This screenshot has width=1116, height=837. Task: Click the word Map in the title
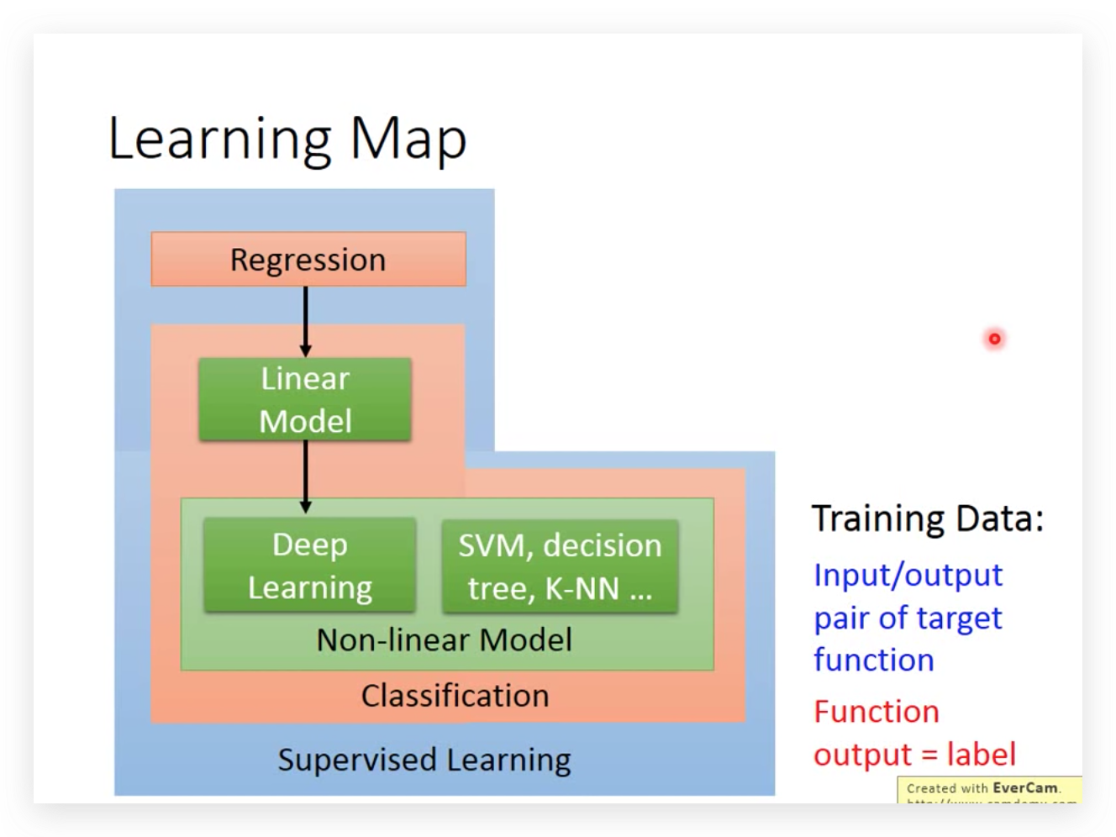(x=408, y=139)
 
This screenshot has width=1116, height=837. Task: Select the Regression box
(x=308, y=260)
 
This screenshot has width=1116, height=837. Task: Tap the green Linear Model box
(x=305, y=400)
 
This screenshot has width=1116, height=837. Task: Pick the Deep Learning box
(x=310, y=566)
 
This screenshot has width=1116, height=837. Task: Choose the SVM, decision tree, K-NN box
(x=560, y=566)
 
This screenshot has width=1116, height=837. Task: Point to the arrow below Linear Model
(x=305, y=476)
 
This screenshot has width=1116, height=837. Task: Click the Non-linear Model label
(x=444, y=640)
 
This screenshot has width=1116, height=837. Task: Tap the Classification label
(x=455, y=696)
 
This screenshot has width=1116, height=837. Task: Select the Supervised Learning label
(x=424, y=760)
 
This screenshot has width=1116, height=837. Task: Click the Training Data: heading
(x=928, y=519)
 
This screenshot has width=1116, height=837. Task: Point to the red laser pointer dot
(x=994, y=339)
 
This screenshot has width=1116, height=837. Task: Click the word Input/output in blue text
(x=908, y=575)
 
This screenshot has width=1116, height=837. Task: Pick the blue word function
(x=874, y=660)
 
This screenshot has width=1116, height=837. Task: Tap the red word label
(x=982, y=754)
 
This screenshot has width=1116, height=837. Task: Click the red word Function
(x=876, y=712)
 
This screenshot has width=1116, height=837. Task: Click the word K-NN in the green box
(x=582, y=588)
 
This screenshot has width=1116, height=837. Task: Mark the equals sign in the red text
(x=929, y=755)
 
